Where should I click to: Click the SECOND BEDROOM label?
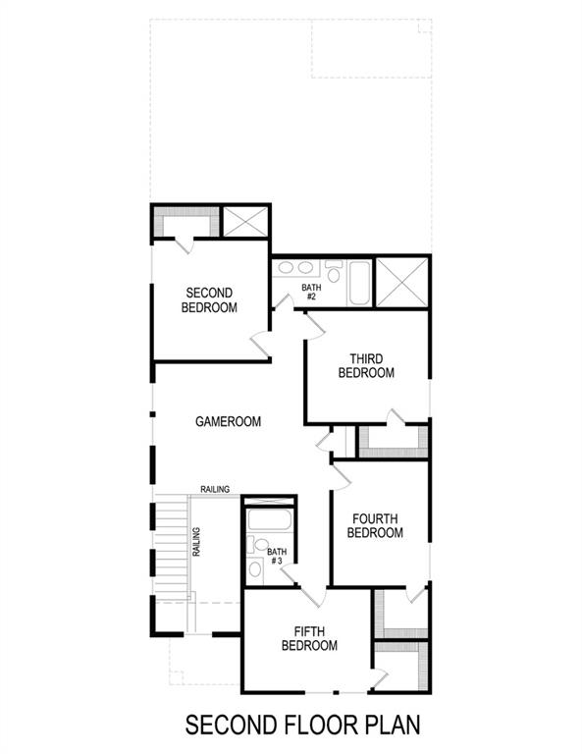[209, 300]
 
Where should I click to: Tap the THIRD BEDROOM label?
[366, 366]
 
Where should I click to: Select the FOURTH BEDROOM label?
[376, 525]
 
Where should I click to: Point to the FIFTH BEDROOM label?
[309, 638]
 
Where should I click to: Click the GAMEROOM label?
[228, 422]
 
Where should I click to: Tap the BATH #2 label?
[309, 292]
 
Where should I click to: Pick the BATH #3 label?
[277, 557]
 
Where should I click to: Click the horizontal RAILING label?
[215, 489]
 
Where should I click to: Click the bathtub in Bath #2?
[358, 282]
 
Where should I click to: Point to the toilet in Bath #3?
[255, 568]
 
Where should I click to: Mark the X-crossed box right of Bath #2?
[402, 283]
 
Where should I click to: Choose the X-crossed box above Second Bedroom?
[244, 221]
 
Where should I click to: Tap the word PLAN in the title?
[390, 726]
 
